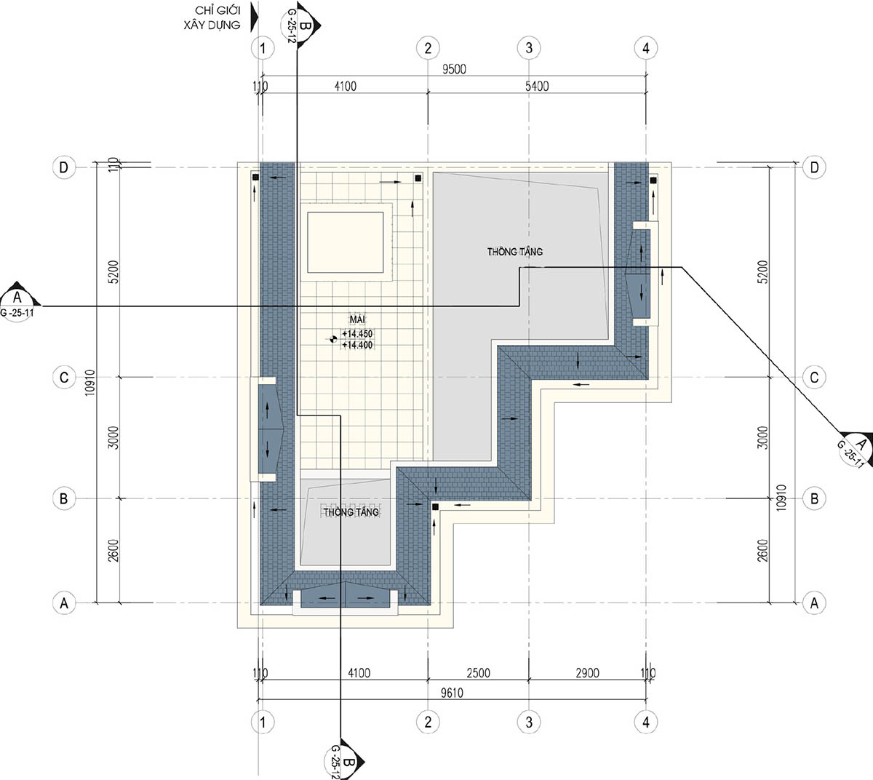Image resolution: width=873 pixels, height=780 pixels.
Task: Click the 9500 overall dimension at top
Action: click(454, 69)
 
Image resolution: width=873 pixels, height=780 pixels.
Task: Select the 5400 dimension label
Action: click(537, 87)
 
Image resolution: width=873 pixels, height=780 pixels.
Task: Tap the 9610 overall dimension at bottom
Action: click(452, 693)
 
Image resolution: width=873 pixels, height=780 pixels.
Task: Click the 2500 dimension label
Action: click(478, 673)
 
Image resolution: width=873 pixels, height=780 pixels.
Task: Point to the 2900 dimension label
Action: click(587, 673)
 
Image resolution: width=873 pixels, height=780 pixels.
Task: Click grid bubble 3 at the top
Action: click(529, 48)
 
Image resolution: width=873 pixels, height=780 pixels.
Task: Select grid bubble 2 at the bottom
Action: click(428, 722)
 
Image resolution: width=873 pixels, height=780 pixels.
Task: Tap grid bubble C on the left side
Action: click(64, 378)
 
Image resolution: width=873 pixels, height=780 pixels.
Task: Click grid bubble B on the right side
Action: click(814, 498)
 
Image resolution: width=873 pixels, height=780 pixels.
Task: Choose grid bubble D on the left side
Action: click(64, 167)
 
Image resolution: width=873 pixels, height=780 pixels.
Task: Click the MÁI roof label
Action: click(357, 319)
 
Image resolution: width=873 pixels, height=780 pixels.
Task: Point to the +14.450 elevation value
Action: click(357, 333)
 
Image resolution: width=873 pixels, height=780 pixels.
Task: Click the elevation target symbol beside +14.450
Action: click(332, 340)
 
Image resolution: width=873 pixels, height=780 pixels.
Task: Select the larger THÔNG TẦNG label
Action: click(515, 252)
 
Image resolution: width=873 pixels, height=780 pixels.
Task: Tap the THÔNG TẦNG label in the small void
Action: click(351, 512)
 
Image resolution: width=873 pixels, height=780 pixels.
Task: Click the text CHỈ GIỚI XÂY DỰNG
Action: click(212, 17)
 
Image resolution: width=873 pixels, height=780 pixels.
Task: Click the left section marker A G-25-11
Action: click(18, 302)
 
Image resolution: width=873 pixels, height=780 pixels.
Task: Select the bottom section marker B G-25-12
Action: click(343, 760)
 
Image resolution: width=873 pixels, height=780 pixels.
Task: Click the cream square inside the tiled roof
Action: click(345, 242)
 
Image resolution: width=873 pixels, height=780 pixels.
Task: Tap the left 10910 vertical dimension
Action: click(89, 383)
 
